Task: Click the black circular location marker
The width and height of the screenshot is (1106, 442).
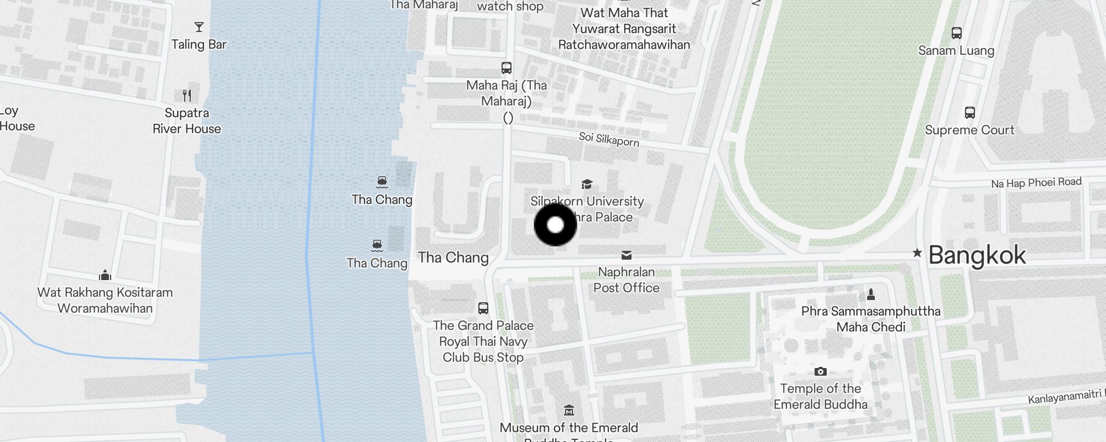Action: click(555, 225)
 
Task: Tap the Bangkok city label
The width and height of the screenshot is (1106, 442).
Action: click(977, 255)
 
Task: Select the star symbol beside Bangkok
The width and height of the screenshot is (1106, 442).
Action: click(917, 253)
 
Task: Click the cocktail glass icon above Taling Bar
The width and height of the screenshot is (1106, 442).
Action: click(199, 27)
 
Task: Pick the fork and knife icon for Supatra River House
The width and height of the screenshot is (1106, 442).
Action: click(187, 96)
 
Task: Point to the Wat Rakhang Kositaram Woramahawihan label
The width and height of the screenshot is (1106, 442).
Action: click(105, 300)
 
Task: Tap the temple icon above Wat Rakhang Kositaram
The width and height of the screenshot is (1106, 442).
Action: click(105, 275)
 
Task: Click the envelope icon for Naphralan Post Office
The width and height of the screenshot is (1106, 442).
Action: click(627, 255)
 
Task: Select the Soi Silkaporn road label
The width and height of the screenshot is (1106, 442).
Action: click(609, 139)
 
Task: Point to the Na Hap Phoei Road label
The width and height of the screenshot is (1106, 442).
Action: click(1036, 183)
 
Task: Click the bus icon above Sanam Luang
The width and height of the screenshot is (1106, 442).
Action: click(957, 33)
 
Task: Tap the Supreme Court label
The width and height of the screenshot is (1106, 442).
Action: click(969, 130)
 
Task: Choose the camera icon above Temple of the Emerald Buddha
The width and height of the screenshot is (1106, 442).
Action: click(821, 371)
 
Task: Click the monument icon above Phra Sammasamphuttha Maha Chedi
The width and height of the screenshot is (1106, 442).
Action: click(871, 293)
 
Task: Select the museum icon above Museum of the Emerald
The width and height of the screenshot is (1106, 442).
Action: click(569, 410)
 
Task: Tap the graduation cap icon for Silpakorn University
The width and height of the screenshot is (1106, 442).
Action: click(587, 184)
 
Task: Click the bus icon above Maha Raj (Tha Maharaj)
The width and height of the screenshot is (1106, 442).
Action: click(507, 68)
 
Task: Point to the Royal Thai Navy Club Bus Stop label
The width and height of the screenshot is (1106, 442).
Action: click(483, 341)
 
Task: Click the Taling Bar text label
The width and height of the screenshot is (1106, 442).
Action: click(199, 45)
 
